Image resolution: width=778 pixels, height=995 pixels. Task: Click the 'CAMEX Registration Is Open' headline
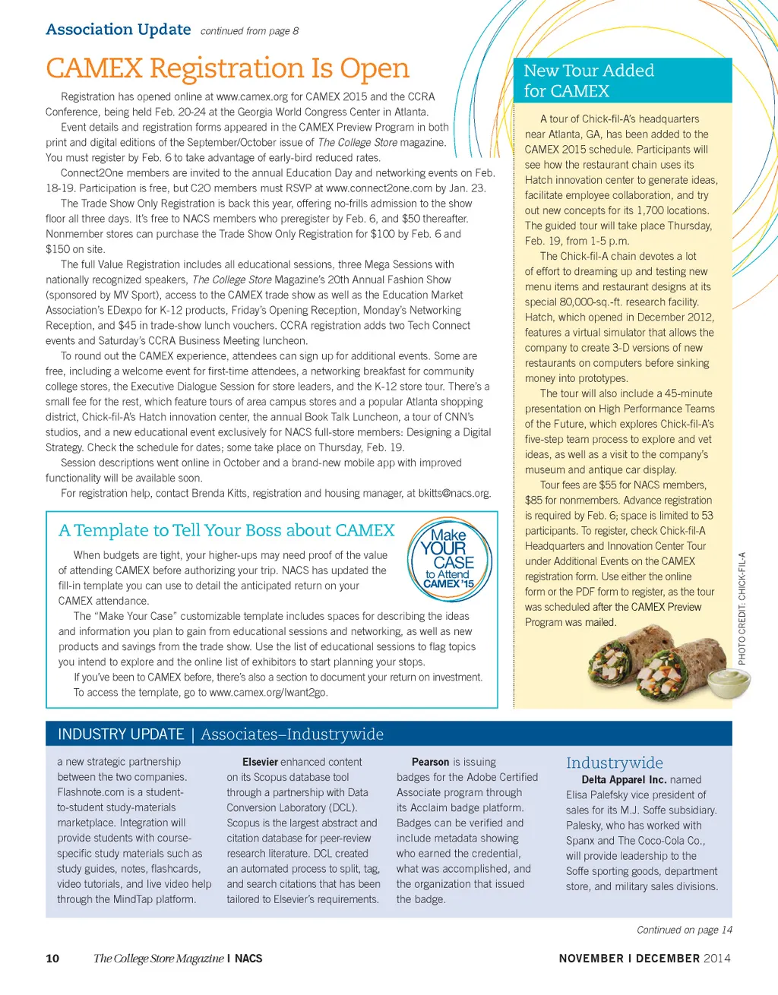coord(227,68)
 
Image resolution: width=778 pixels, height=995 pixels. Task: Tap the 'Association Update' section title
coord(118,30)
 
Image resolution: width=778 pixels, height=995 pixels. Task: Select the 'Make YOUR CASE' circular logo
coord(450,559)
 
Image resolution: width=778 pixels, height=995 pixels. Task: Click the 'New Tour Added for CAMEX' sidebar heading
coord(588,81)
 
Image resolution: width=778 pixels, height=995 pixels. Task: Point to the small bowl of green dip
coord(729,679)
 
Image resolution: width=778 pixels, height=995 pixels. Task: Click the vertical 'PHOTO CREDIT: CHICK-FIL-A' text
coord(742,608)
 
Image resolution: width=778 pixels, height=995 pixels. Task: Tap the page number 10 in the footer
coord(52,959)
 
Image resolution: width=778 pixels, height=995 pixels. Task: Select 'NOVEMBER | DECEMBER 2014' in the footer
coord(644,959)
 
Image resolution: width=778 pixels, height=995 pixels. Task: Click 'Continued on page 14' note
coord(684,930)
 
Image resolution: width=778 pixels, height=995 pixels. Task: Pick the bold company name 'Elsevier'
coord(260,762)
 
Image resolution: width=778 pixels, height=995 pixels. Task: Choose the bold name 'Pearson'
coord(430,762)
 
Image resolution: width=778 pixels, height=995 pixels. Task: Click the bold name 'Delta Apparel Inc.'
coord(624,779)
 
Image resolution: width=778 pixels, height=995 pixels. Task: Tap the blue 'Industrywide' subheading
coord(614,763)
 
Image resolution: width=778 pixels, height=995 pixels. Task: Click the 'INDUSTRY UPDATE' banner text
coord(121,734)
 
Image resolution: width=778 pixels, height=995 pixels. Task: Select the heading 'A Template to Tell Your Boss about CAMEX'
coord(226,530)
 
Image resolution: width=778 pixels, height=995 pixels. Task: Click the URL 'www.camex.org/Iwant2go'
coord(268,692)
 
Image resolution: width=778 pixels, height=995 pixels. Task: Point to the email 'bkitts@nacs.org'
coord(454,493)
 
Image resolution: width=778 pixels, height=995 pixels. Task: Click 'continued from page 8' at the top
coord(249,31)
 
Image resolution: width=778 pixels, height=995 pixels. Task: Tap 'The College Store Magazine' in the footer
coord(158,959)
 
